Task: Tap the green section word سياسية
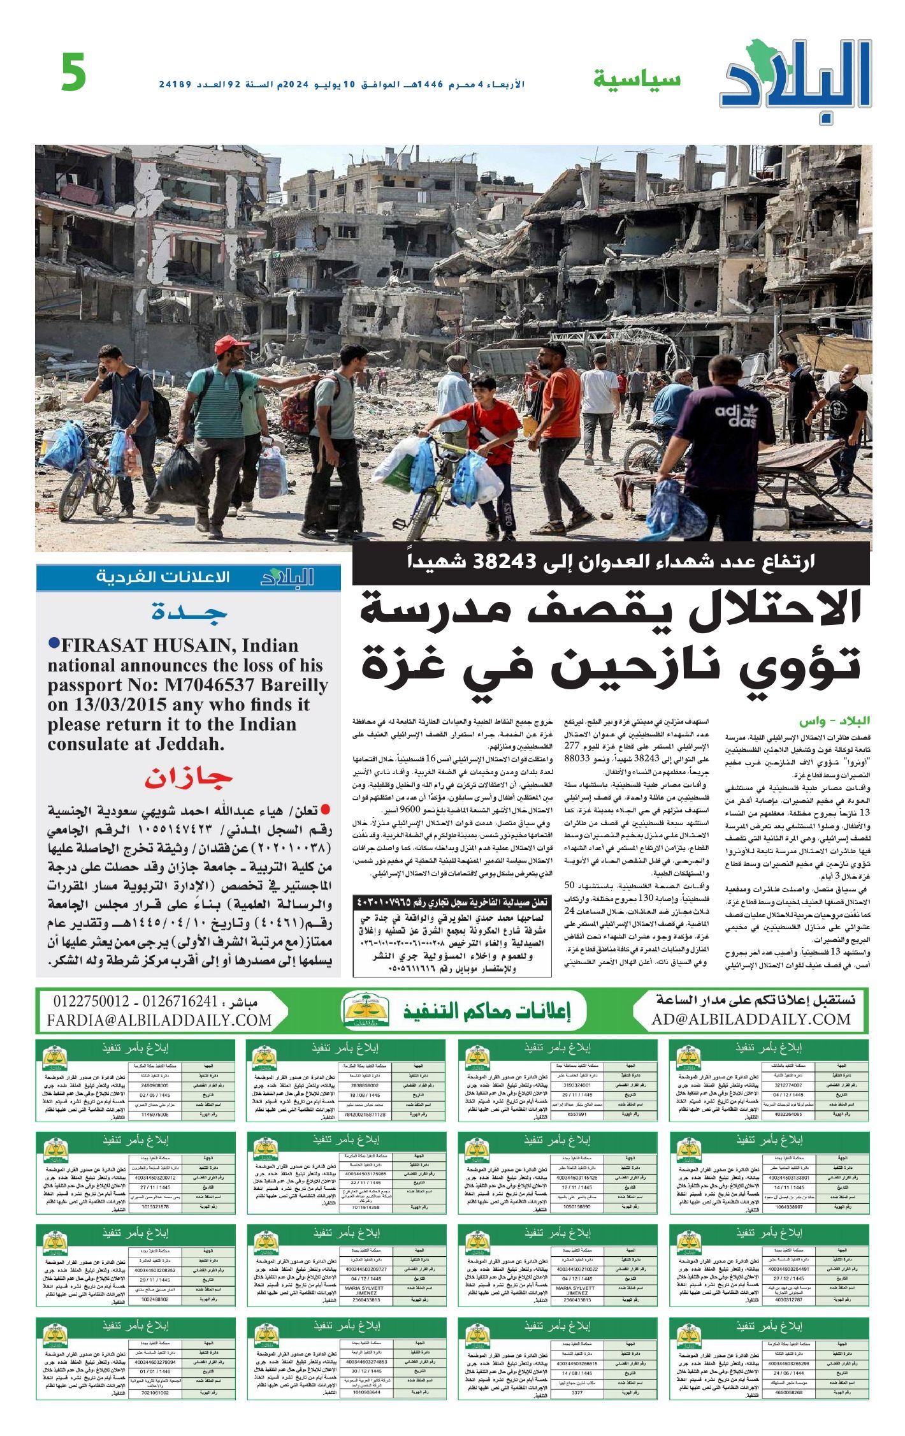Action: [637, 80]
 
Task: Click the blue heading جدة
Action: [189, 613]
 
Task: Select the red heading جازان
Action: [189, 779]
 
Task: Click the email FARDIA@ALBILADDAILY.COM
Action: [159, 1020]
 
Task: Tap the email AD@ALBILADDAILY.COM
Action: [751, 1020]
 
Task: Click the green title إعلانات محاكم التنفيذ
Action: [487, 1011]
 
